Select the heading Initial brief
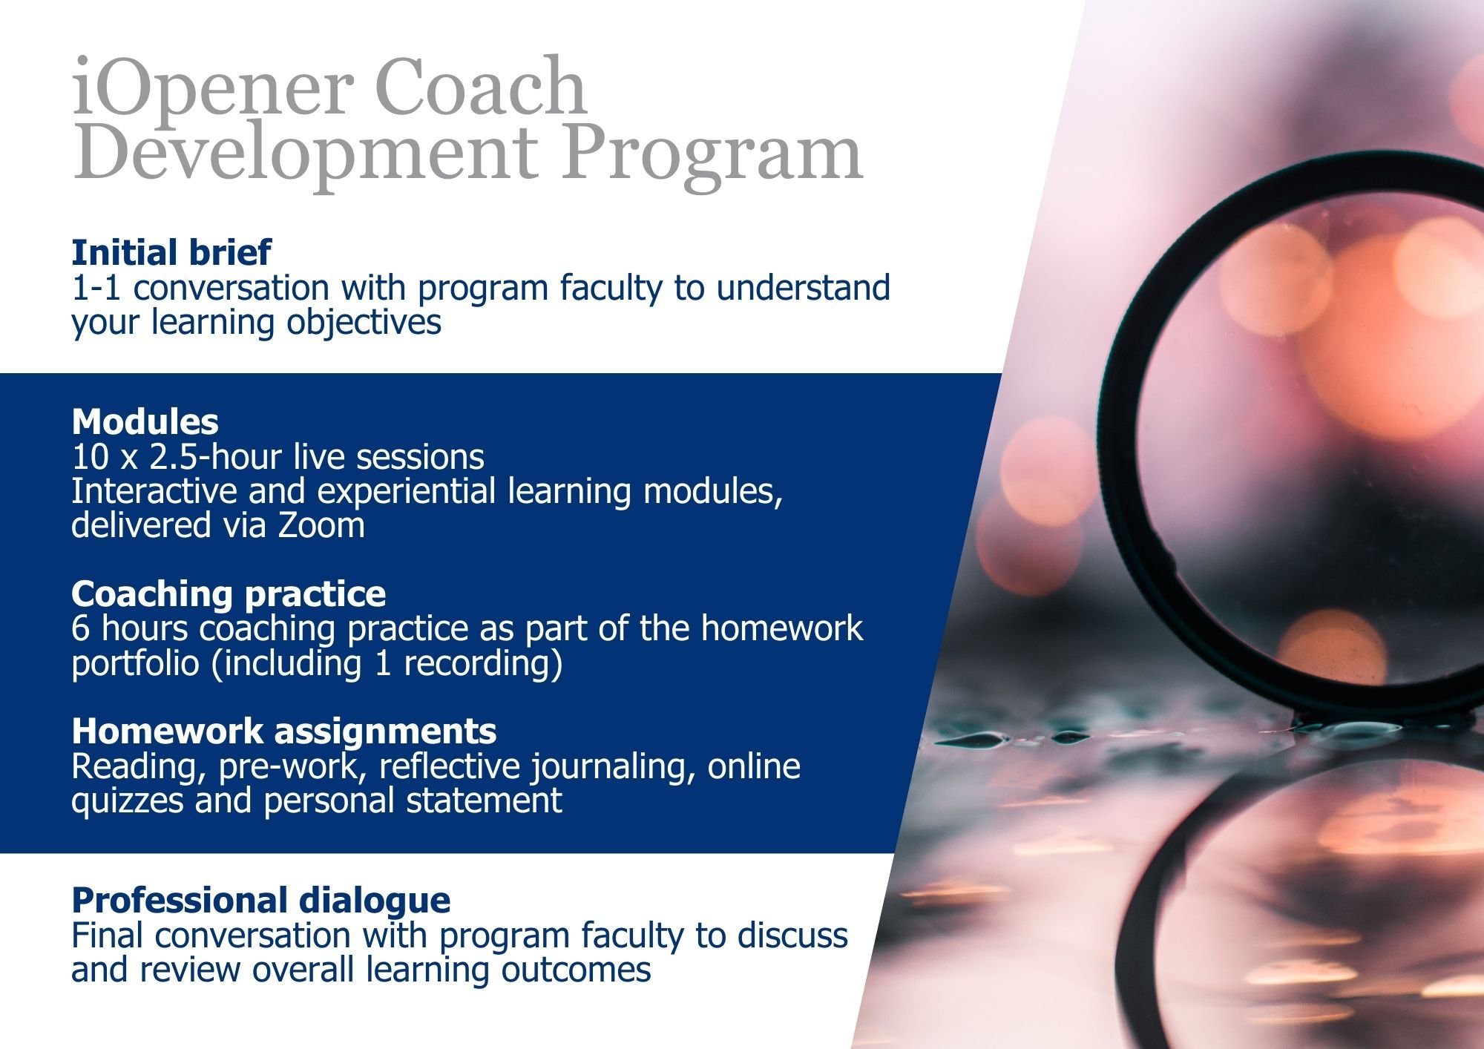point(171,252)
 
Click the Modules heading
point(145,421)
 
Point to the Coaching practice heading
point(229,593)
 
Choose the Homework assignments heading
point(284,731)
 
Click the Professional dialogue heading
point(261,900)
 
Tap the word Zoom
point(321,525)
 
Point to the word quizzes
point(127,800)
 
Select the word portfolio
point(135,663)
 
